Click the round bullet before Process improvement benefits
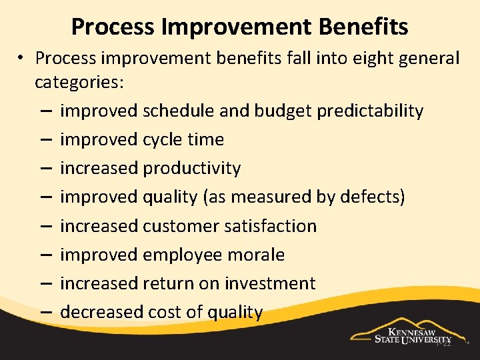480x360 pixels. [x=22, y=59]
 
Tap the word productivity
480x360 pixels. [x=192, y=168]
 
